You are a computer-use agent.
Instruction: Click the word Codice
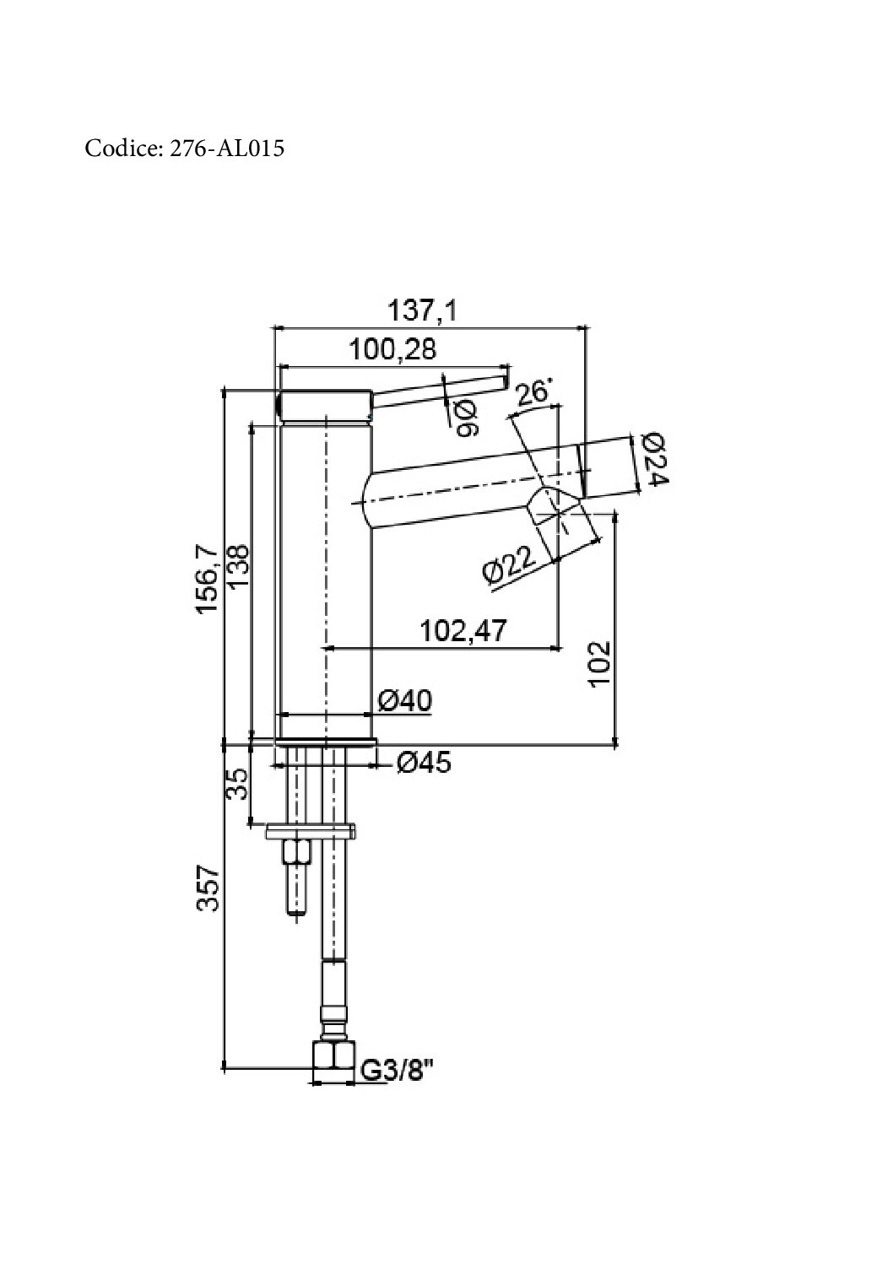coord(122,148)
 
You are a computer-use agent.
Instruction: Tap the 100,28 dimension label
coord(392,349)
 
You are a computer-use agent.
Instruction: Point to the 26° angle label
coord(533,393)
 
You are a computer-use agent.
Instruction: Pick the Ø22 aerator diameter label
coord(509,565)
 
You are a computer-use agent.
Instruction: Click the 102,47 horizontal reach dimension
coord(464,630)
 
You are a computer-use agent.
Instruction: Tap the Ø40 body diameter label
coord(404,701)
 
